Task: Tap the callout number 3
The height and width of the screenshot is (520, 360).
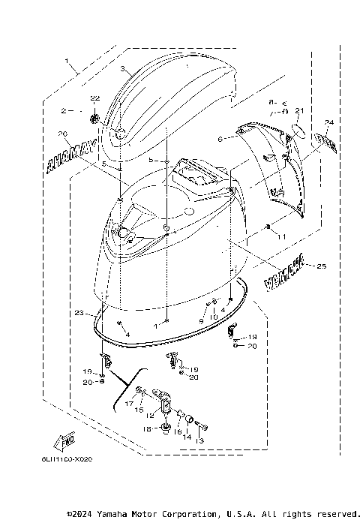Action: (x=122, y=68)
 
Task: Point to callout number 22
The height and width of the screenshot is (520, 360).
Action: (x=94, y=99)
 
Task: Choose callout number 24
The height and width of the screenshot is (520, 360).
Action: (x=328, y=121)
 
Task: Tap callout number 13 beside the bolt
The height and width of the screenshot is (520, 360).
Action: (x=199, y=441)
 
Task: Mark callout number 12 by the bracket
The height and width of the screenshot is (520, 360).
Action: (x=151, y=415)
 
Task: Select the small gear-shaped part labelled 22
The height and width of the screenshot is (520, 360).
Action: (x=95, y=116)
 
